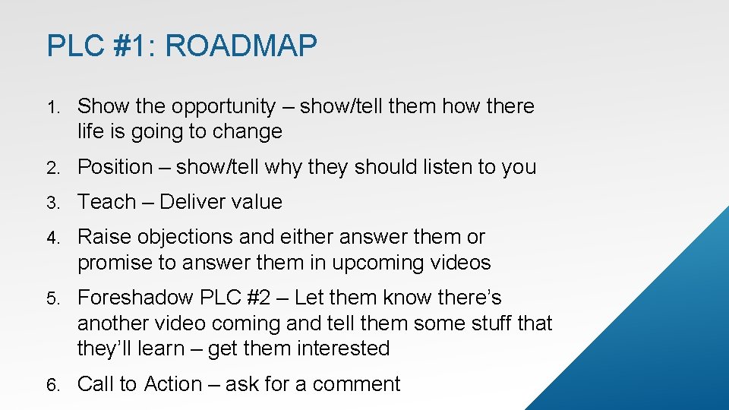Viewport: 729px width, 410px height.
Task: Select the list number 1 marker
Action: click(x=53, y=107)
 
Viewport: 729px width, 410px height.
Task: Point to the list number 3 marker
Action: click(x=53, y=203)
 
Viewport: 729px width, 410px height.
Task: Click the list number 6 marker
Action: click(x=53, y=385)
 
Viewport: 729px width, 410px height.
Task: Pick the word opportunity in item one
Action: click(x=224, y=107)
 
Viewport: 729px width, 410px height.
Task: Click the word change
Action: click(x=247, y=131)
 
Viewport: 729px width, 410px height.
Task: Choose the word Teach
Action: click(x=107, y=202)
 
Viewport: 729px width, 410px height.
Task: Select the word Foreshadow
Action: click(x=136, y=298)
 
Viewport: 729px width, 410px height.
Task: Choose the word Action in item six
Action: click(x=173, y=384)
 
